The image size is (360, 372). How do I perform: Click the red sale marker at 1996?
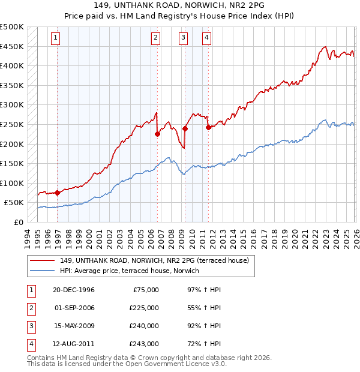(x=58, y=193)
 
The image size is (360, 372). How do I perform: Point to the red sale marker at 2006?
(x=157, y=134)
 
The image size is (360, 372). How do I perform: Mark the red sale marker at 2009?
(x=185, y=128)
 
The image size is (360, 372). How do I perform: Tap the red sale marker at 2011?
(x=208, y=127)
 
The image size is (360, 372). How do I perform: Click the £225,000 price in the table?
(x=144, y=308)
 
